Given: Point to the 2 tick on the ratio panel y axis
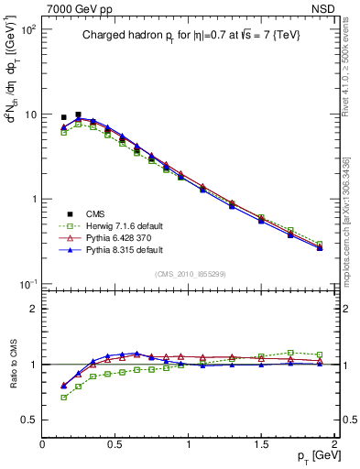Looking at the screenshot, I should pyautogui.click(x=34, y=309).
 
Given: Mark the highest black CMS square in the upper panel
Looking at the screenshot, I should pyautogui.click(x=78, y=115).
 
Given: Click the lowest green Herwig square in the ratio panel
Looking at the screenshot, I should pyautogui.click(x=63, y=398).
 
